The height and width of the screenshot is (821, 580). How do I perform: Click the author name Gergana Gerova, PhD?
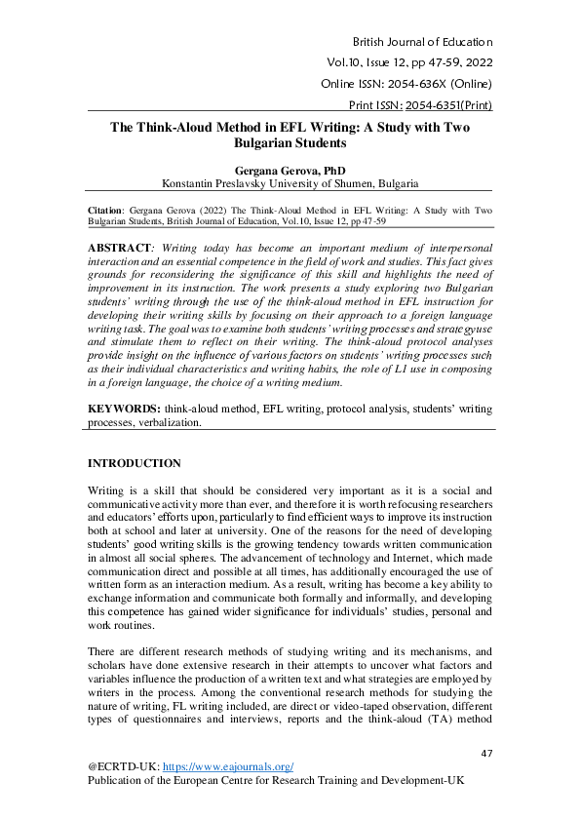(x=290, y=170)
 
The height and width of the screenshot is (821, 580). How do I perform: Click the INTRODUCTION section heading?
(x=135, y=463)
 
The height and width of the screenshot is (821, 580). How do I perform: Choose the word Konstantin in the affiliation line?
(x=188, y=182)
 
